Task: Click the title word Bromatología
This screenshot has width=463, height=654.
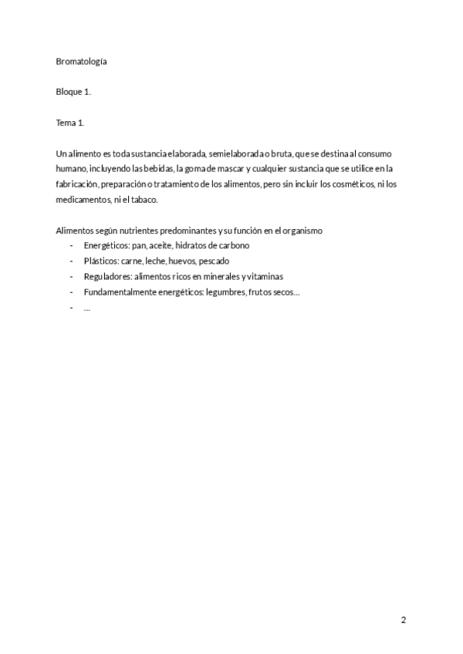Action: (81, 62)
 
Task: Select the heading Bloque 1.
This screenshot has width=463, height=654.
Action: (73, 93)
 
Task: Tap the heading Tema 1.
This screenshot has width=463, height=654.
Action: (70, 123)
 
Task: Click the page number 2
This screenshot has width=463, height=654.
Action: (403, 620)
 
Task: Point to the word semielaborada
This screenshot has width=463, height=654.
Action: (235, 153)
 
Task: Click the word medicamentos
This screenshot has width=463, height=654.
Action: (83, 200)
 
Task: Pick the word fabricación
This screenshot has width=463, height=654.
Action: (77, 184)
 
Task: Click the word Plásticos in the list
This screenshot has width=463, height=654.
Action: (100, 261)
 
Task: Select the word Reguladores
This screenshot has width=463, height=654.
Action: (106, 276)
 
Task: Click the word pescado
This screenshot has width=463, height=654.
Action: (214, 261)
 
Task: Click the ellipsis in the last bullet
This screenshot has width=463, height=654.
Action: (86, 307)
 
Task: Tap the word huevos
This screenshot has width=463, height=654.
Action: (181, 261)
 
